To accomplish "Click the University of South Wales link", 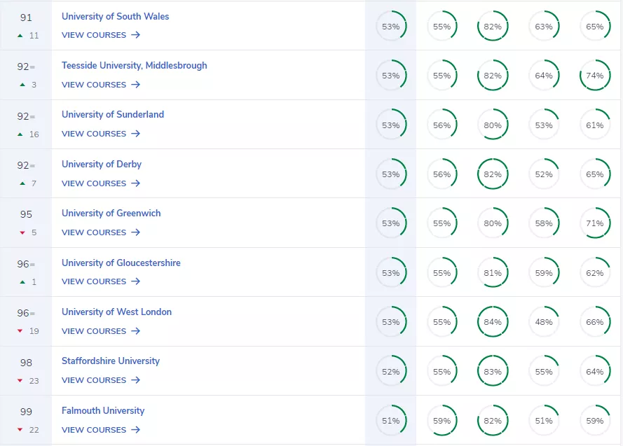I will point(115,16).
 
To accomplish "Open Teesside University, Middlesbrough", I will point(134,65).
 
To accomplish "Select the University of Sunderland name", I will point(112,114).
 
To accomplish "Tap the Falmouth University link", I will point(102,410).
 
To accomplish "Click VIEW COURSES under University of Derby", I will point(100,183).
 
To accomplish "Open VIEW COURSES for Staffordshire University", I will point(100,380).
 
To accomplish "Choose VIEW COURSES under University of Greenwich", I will point(100,232).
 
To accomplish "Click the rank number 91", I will point(26,18).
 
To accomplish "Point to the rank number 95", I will point(26,214).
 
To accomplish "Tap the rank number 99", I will point(26,412).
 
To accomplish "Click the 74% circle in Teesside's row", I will point(595,76).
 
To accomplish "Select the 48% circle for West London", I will point(544,322).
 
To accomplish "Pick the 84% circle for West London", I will point(493,322).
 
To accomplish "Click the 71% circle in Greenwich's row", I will point(595,223).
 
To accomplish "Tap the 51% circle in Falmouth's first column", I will point(391,421).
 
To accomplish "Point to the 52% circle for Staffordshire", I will point(391,372).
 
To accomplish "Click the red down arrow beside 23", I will point(21,381).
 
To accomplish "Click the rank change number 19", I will point(34,331).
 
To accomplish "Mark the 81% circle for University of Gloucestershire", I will point(493,273).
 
